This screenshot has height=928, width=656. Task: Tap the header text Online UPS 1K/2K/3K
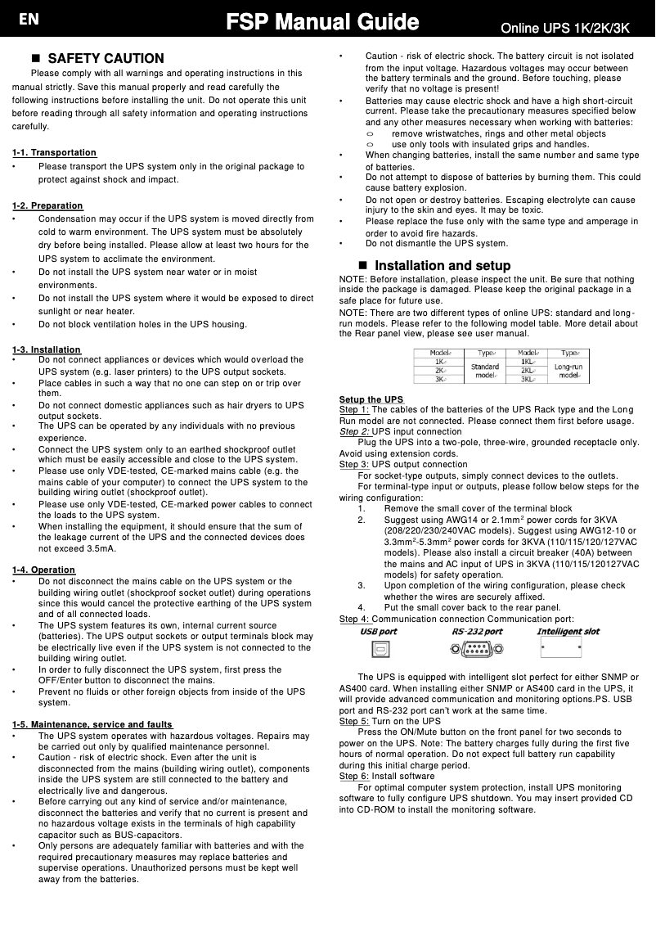(564, 29)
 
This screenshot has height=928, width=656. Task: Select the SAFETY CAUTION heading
(106, 59)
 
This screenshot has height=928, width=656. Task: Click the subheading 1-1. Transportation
(54, 153)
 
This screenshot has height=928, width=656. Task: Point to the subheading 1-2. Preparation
(47, 205)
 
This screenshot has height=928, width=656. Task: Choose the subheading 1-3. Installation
(47, 350)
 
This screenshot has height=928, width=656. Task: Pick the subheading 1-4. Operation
(43, 570)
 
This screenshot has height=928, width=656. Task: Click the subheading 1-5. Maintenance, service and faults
(92, 724)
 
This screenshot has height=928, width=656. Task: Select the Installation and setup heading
(442, 266)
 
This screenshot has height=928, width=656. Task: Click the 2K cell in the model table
(440, 371)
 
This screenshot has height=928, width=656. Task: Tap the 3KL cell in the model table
(528, 380)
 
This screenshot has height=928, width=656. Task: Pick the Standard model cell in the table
(486, 371)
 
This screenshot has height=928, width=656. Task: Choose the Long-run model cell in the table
(570, 371)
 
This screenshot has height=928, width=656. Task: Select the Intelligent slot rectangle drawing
(561, 649)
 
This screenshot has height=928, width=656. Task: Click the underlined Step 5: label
(353, 722)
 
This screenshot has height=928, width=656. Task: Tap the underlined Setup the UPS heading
(371, 399)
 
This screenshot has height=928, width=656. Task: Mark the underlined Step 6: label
(353, 776)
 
